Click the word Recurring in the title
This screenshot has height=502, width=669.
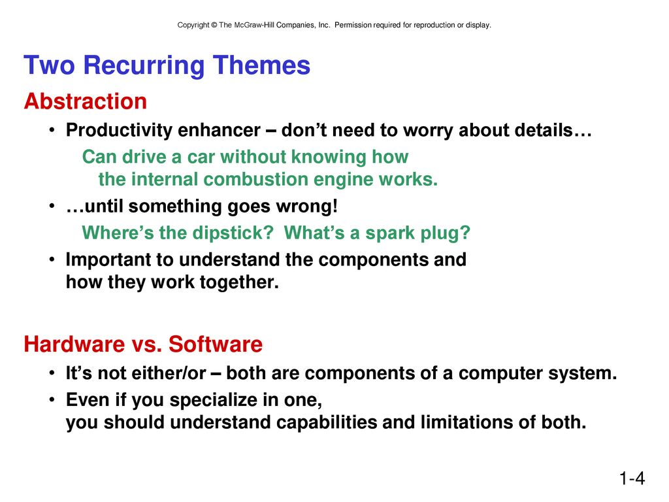pos(144,66)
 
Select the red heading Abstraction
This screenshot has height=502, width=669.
pos(86,101)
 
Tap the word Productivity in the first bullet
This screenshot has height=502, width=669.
pos(119,131)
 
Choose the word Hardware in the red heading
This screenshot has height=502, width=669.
pos(74,344)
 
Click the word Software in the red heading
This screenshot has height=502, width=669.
pos(216,344)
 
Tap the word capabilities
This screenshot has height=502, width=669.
pos(327,423)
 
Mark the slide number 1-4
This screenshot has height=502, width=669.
pos(632,478)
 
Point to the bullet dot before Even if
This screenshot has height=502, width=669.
pos(52,400)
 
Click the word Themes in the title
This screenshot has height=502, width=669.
pos(261,65)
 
